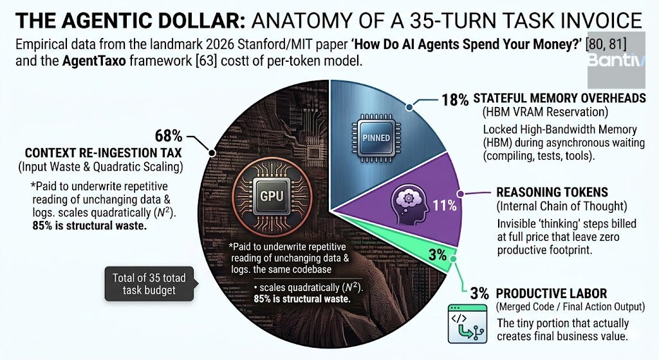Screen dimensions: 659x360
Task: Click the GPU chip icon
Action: [x=272, y=196]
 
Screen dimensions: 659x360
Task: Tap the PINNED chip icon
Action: [x=376, y=138]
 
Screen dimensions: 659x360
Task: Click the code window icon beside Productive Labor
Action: [x=468, y=324]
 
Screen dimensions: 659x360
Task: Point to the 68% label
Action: [x=169, y=136]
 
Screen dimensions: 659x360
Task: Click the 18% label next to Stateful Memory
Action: [x=455, y=100]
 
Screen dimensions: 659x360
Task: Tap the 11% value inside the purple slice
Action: [x=445, y=205]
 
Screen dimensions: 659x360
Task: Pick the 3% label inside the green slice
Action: [x=437, y=254]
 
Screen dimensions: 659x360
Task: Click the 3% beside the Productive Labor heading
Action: [x=479, y=294]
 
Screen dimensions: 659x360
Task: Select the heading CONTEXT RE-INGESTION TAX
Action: [x=104, y=153]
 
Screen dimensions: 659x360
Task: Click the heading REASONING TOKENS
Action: [x=552, y=192]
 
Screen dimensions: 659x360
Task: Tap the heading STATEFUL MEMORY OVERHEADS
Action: [x=559, y=98]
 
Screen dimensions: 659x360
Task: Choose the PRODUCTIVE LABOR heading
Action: [x=552, y=294]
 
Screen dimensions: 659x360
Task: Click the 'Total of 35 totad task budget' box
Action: [x=149, y=284]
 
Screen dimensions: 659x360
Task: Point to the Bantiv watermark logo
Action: [x=616, y=60]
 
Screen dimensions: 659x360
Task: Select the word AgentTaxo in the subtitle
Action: [x=94, y=61]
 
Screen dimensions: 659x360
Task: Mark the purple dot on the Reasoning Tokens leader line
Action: [x=460, y=194]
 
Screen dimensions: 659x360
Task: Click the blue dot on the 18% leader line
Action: [x=409, y=108]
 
